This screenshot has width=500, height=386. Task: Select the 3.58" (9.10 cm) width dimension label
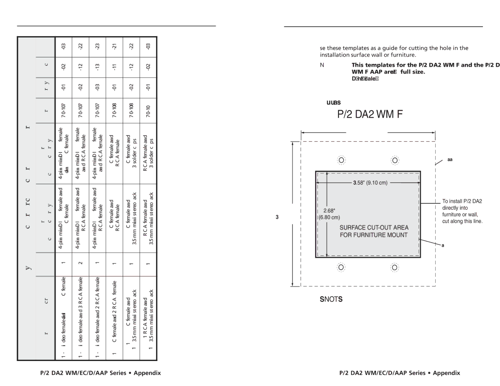(368, 183)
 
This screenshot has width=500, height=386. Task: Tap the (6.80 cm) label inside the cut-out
(329, 217)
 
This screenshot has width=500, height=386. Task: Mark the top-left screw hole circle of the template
(341, 160)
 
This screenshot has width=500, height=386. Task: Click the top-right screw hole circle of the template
(395, 160)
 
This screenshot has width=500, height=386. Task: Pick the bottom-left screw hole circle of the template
(341, 268)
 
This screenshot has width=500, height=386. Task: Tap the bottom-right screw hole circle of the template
(395, 268)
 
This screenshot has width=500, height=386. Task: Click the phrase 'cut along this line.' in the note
(462, 222)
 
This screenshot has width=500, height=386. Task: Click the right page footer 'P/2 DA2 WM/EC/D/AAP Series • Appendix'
(400, 373)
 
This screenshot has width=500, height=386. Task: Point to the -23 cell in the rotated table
(98, 46)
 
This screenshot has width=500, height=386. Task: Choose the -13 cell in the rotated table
(98, 67)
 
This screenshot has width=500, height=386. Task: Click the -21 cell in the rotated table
(114, 46)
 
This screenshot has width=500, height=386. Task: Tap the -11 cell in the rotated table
(114, 67)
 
